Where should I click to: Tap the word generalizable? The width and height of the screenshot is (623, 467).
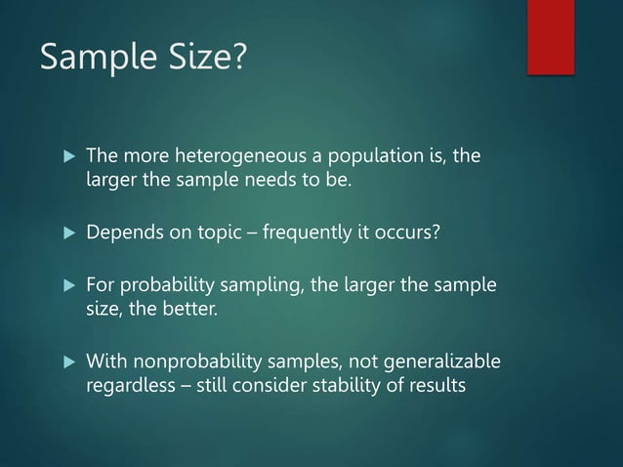click(x=439, y=363)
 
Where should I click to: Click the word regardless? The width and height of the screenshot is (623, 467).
click(x=128, y=386)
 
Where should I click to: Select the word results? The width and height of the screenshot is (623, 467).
click(x=435, y=386)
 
